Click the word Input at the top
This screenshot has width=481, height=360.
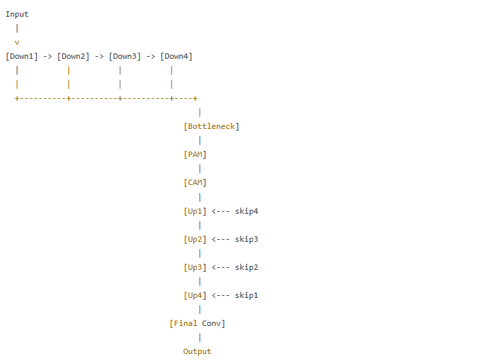click(x=17, y=14)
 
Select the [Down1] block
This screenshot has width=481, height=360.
click(x=22, y=56)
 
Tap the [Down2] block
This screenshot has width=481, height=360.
click(x=73, y=56)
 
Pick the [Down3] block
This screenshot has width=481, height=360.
click(x=125, y=56)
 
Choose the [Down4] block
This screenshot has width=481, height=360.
click(x=176, y=56)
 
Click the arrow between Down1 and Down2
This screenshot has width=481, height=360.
click(x=47, y=56)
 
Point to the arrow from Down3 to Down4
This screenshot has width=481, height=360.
click(x=150, y=56)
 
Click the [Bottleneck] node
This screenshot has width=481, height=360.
click(x=211, y=126)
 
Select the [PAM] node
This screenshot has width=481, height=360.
click(x=195, y=154)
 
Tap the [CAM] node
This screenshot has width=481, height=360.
click(x=195, y=182)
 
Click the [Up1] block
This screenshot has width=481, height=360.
click(x=195, y=211)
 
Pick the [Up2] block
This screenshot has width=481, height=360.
click(x=195, y=239)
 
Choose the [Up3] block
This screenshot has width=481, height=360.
click(x=195, y=267)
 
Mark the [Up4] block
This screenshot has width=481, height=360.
click(x=195, y=295)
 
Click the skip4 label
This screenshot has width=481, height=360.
click(x=247, y=211)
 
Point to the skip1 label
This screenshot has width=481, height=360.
click(x=247, y=295)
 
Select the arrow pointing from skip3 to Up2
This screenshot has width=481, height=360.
click(x=220, y=239)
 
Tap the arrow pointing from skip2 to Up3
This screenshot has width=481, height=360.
click(x=220, y=267)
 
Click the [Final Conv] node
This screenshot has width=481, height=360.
click(x=198, y=323)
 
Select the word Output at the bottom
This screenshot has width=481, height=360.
click(x=197, y=351)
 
